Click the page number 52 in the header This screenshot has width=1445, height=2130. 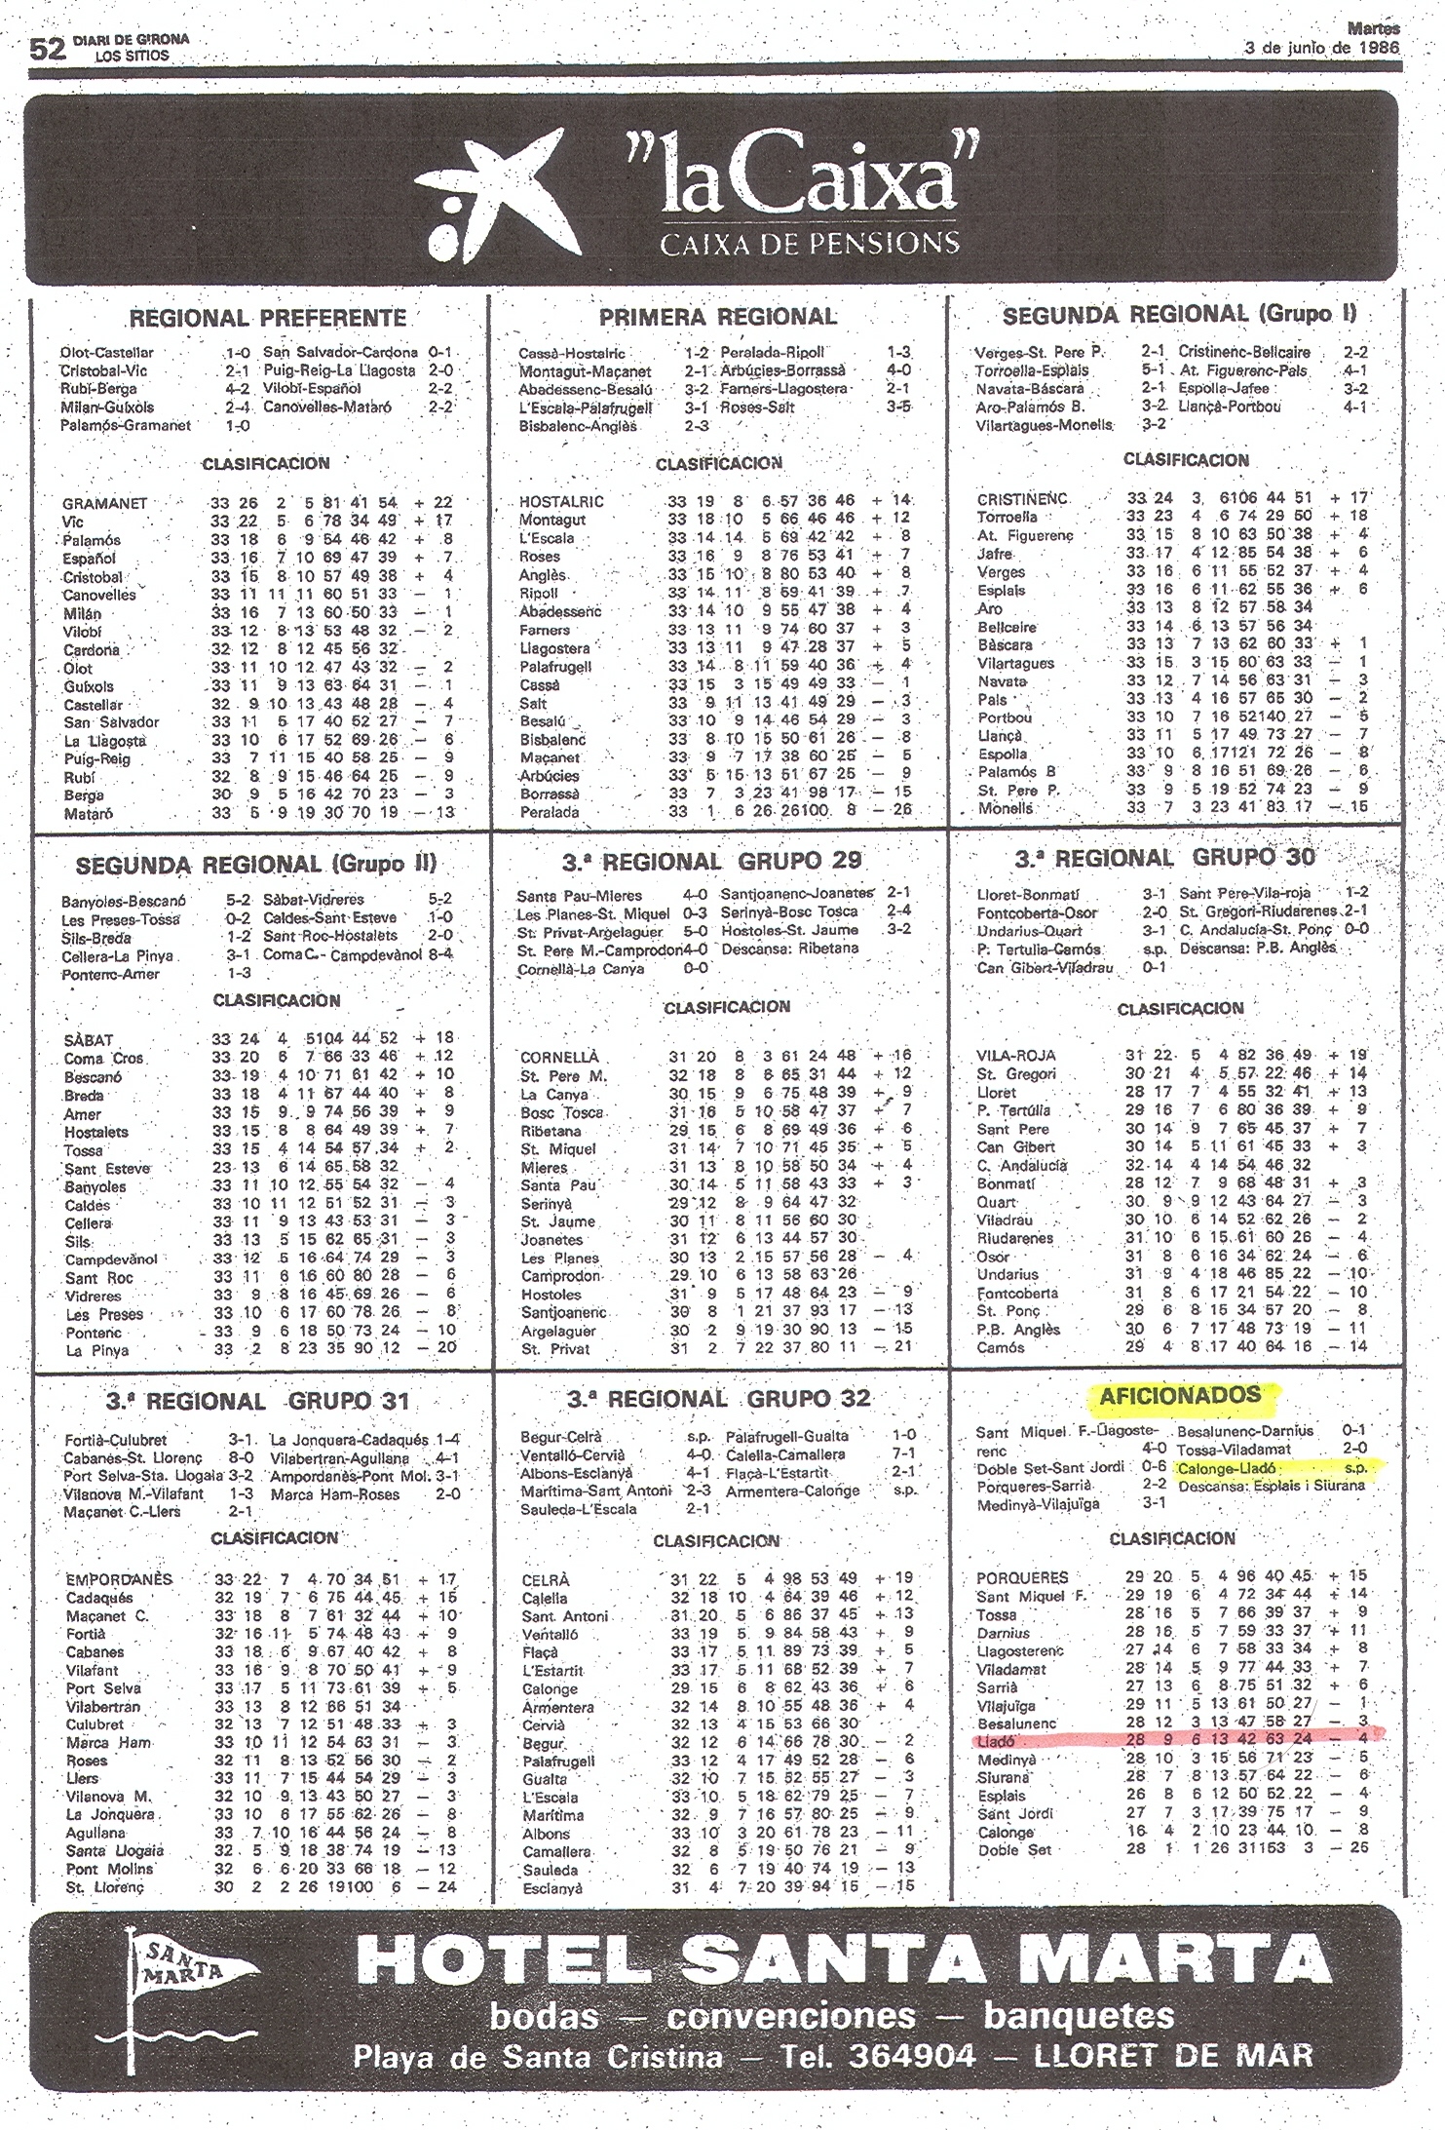(x=47, y=49)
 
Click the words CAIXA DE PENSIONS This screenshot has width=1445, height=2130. (x=809, y=243)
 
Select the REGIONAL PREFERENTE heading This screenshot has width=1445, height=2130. (x=267, y=319)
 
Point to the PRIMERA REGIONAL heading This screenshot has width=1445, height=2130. (x=718, y=317)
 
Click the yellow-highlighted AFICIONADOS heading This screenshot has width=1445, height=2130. (x=1179, y=1395)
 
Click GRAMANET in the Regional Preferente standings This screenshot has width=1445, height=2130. (x=104, y=503)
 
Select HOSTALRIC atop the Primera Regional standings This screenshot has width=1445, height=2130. (x=561, y=502)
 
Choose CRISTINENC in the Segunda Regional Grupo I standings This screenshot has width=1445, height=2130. (x=1022, y=499)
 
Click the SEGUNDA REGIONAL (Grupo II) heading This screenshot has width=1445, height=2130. (x=256, y=865)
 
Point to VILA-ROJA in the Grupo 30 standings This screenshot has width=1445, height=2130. (x=1016, y=1055)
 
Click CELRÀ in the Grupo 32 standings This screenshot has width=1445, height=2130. (x=546, y=1579)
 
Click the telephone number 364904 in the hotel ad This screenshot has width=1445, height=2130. (x=912, y=2057)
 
